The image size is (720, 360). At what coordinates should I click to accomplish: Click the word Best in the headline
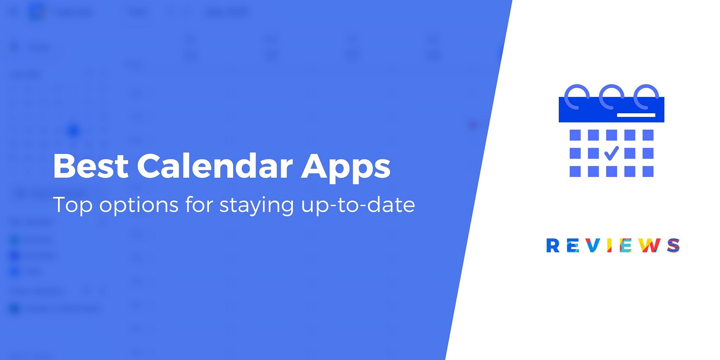[91, 165]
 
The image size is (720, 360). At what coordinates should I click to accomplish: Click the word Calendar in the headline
[214, 165]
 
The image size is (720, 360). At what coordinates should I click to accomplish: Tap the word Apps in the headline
[346, 168]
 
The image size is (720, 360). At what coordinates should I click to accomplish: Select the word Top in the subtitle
[73, 205]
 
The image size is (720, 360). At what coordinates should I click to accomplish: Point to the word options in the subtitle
[138, 205]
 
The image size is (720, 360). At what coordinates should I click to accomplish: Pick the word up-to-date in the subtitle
[358, 205]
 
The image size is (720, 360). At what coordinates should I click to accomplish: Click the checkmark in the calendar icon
[611, 153]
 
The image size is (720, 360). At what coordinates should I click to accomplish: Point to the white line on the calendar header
[636, 115]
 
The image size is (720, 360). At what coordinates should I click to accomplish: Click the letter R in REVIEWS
[553, 246]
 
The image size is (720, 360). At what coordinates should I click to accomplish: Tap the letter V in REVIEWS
[592, 246]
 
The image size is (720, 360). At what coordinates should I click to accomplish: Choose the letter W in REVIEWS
[649, 246]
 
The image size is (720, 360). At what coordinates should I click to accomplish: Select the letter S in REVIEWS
[673, 246]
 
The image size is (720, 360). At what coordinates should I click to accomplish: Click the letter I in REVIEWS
[610, 246]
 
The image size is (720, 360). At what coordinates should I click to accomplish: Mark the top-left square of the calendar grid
[575, 135]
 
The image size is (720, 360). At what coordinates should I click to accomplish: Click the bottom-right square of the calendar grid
[648, 171]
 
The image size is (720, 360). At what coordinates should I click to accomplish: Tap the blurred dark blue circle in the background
[73, 130]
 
